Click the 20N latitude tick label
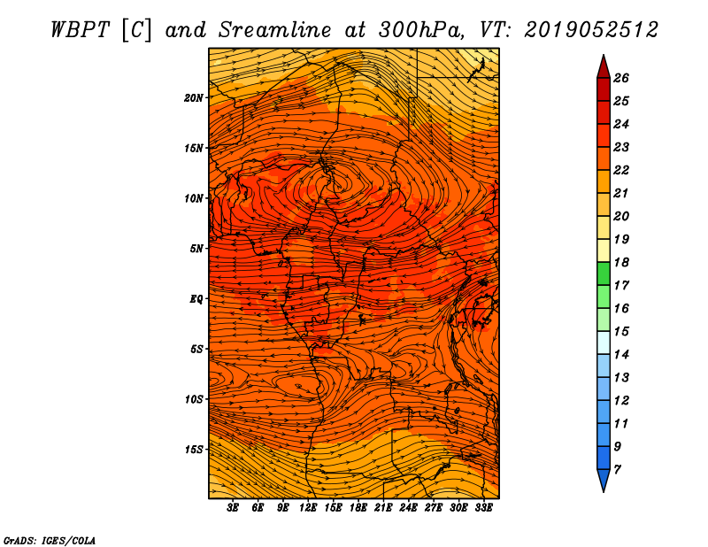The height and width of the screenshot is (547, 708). coord(194,98)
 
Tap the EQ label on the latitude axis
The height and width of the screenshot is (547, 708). coord(196,299)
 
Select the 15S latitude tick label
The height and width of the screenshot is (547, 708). coord(194,450)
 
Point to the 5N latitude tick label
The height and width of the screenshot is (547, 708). coord(196,249)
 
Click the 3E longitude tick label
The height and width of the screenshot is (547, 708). coord(233,508)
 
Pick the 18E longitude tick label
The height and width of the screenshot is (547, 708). coord(358,508)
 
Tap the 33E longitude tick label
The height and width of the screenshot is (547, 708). coord(483,508)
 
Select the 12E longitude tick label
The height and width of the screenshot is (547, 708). coord(308,508)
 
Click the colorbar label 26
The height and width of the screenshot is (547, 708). coord(621,78)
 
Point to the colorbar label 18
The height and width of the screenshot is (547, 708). coord(621,262)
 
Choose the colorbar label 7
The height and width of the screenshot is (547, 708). coord(617,470)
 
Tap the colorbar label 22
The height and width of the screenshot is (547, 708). coord(621,170)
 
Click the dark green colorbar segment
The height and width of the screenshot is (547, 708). coord(604,273)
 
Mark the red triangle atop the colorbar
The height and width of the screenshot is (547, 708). coord(604,68)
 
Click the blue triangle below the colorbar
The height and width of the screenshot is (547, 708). coord(604,480)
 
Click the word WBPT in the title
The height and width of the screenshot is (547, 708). coord(80,30)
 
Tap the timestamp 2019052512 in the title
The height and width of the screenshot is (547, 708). coord(591,30)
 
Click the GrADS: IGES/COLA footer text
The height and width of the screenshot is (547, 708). coord(50,541)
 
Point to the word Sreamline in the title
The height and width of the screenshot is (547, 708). coord(275,30)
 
